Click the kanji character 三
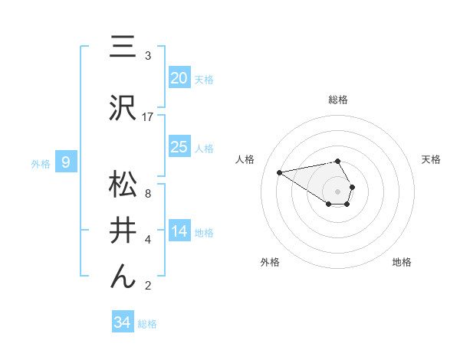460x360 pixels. pos(123,49)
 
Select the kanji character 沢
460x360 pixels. pos(123,107)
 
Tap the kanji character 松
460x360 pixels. pos(123,186)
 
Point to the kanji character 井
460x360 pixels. pos(123,229)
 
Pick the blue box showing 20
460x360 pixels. pos(179,78)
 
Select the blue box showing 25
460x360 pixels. pos(179,147)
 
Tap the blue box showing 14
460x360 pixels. pos(179,231)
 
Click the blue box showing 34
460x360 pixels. pos(123,322)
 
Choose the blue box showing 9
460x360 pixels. pos(67,162)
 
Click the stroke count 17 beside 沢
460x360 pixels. pos(148,116)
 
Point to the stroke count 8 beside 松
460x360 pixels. pos(147,195)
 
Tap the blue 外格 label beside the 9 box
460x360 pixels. pos(41,163)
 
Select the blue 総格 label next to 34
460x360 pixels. pos(147,324)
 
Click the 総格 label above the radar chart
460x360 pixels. pos(338,100)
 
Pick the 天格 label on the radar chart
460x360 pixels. pos(431,159)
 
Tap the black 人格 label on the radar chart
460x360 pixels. pos(245,159)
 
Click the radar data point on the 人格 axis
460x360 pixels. pos(279,172)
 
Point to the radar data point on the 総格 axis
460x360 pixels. pos(338,161)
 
